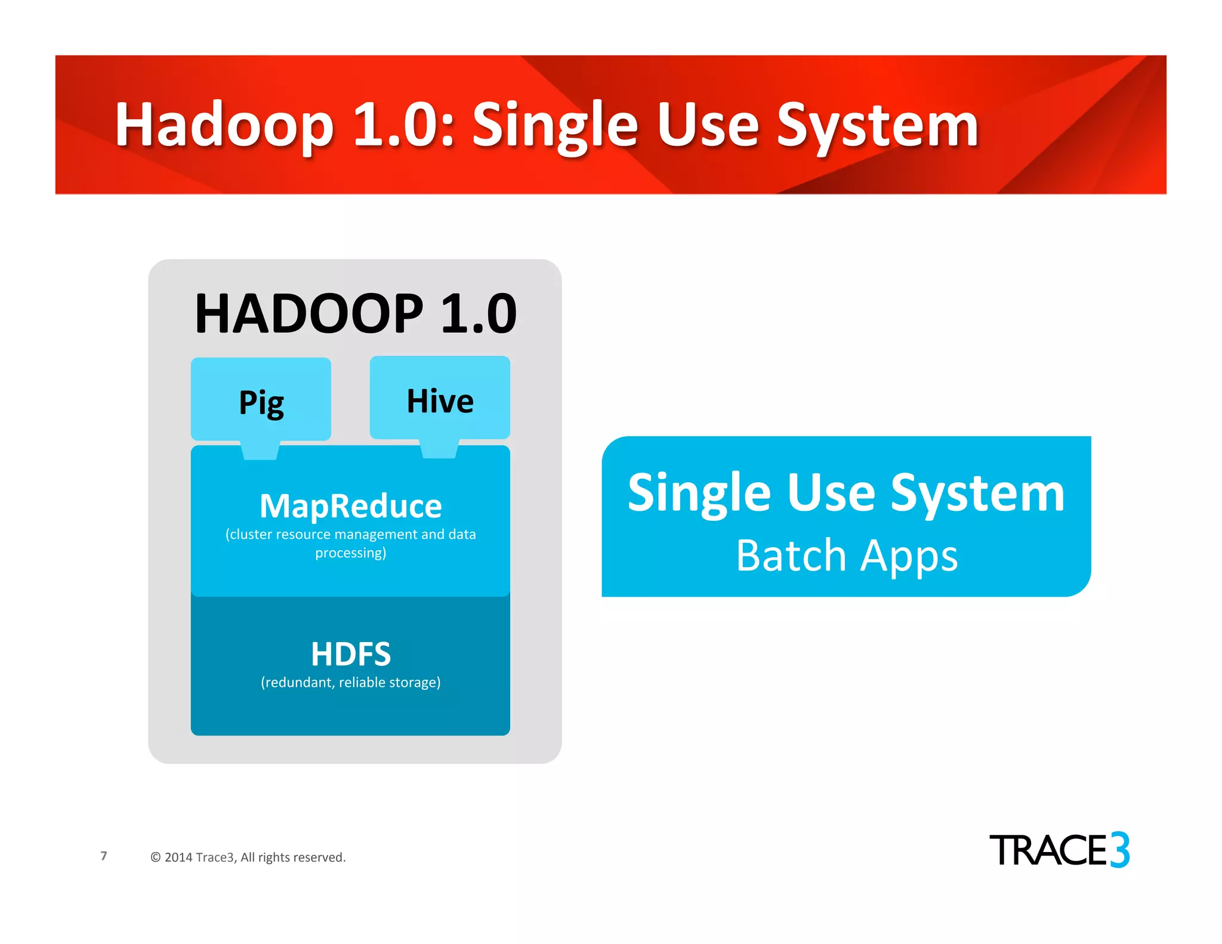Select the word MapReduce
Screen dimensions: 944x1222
(x=351, y=506)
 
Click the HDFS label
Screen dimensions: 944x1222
(x=351, y=654)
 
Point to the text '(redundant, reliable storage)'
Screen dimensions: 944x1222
(x=351, y=682)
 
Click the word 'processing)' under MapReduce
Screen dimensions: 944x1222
(x=351, y=553)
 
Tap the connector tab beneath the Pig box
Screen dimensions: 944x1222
(x=260, y=451)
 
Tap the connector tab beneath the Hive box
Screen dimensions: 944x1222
(x=439, y=449)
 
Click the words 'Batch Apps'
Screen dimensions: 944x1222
(x=847, y=556)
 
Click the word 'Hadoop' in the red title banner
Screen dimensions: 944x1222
(x=224, y=125)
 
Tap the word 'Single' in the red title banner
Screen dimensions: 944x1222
(x=555, y=125)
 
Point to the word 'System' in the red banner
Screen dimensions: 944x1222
(x=877, y=125)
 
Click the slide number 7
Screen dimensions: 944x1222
(x=104, y=856)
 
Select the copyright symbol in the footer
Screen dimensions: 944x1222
(x=156, y=857)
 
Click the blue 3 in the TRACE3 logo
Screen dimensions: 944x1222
(x=1120, y=849)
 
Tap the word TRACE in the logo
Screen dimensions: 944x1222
(x=1048, y=850)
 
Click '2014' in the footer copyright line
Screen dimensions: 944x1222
(x=178, y=857)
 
